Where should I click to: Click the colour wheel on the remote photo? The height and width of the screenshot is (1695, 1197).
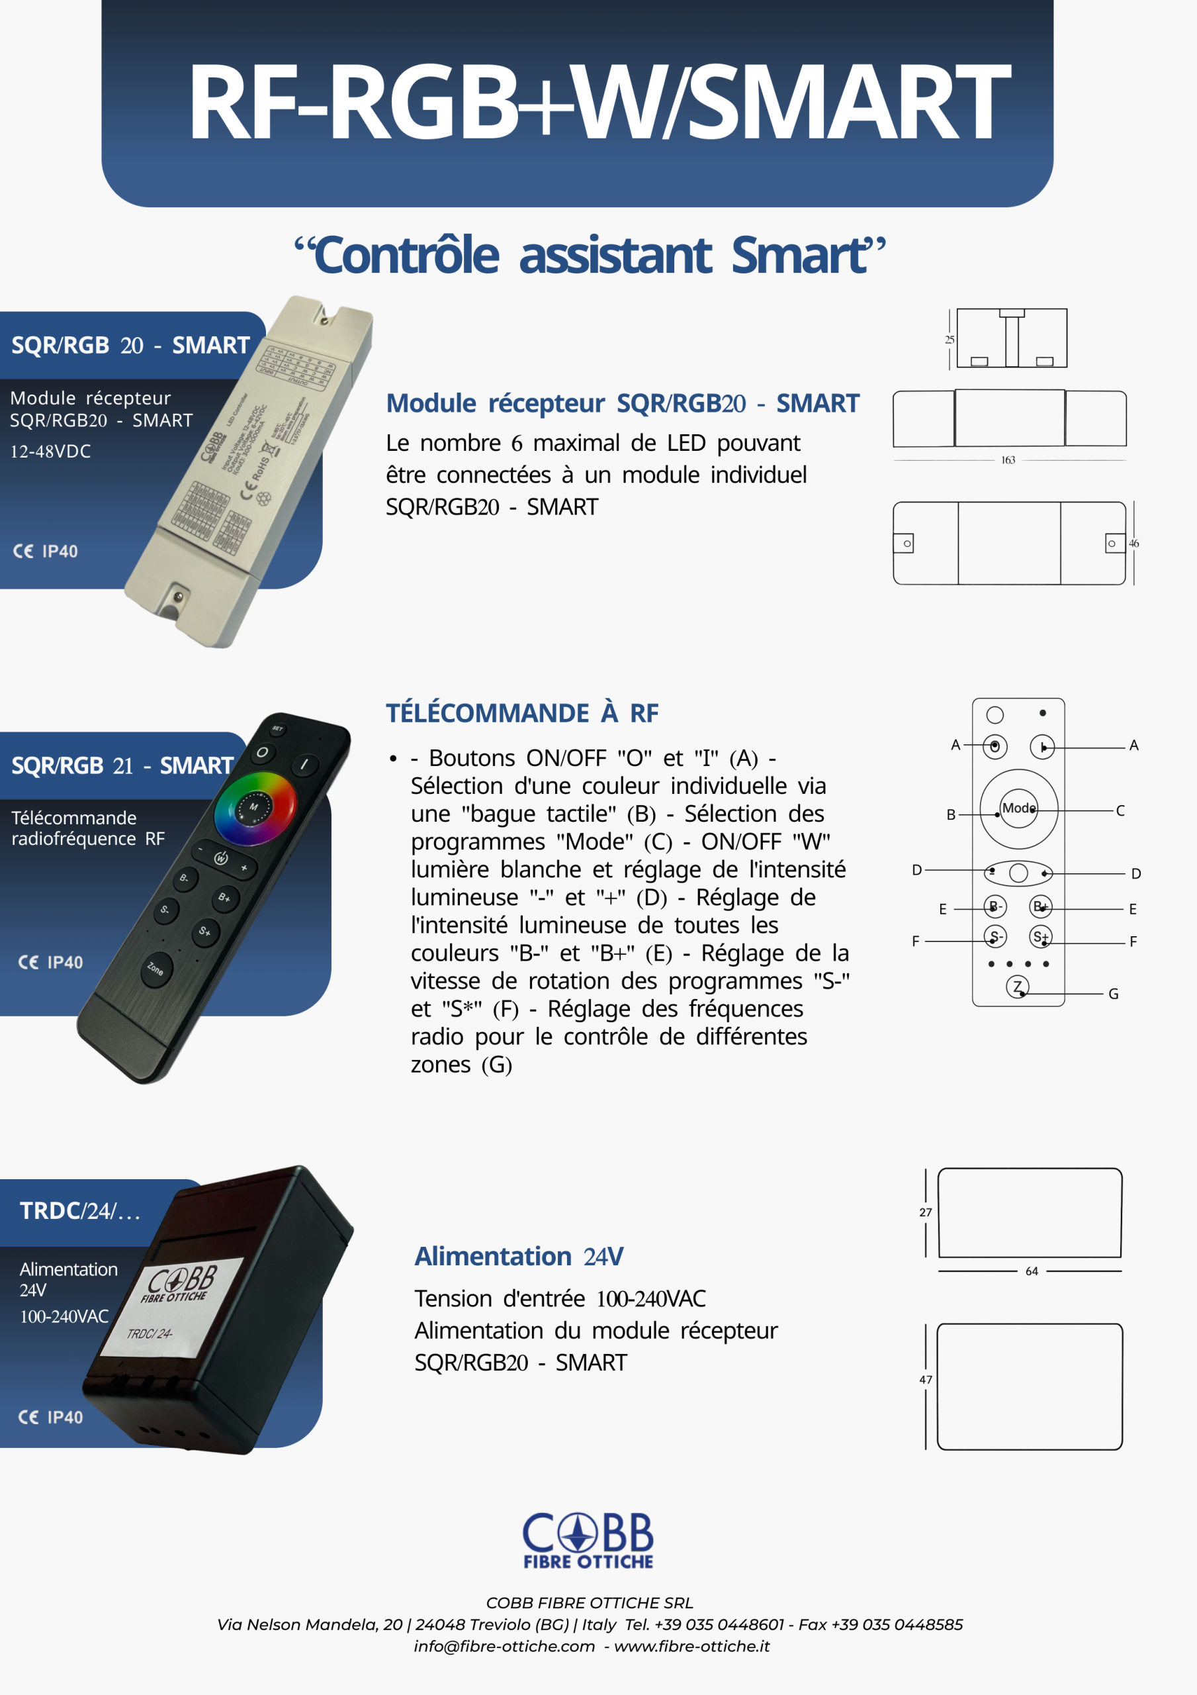pyautogui.click(x=255, y=808)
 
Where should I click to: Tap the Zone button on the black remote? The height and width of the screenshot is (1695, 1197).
pyautogui.click(x=155, y=968)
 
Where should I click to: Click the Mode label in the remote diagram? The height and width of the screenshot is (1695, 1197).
pyautogui.click(x=1018, y=808)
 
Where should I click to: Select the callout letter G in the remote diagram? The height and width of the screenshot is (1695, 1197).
pyautogui.click(x=1113, y=994)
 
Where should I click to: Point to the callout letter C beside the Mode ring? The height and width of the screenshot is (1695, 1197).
pyautogui.click(x=1120, y=810)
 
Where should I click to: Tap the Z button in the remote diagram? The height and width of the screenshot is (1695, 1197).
pyautogui.click(x=1018, y=987)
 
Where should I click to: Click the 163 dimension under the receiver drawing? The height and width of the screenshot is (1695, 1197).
pyautogui.click(x=1008, y=460)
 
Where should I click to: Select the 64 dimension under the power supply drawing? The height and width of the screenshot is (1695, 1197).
pyautogui.click(x=1032, y=1271)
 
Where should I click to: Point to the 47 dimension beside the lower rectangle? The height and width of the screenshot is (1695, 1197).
pyautogui.click(x=926, y=1380)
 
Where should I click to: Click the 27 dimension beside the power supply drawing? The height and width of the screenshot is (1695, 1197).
pyautogui.click(x=926, y=1212)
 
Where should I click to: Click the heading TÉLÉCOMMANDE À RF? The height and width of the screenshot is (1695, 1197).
pyautogui.click(x=522, y=713)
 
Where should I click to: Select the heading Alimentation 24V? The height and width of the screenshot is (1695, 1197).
pyautogui.click(x=519, y=1257)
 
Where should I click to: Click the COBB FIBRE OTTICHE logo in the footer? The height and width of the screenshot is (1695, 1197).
pyautogui.click(x=588, y=1540)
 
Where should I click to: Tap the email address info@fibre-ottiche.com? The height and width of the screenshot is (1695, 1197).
pyautogui.click(x=504, y=1646)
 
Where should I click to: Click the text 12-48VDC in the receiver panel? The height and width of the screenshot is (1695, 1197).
pyautogui.click(x=50, y=451)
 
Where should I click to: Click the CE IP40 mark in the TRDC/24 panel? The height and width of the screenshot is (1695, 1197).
pyautogui.click(x=50, y=1418)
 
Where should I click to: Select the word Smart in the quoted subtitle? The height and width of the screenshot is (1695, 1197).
pyautogui.click(x=800, y=255)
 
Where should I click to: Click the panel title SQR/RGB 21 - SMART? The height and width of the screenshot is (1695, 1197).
pyautogui.click(x=122, y=765)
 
